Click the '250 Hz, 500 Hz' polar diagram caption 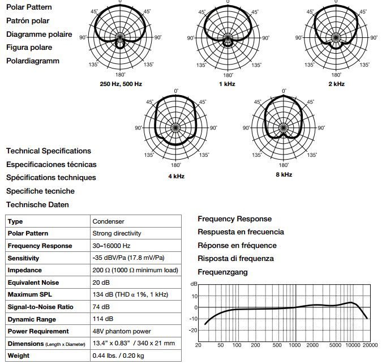(120, 84)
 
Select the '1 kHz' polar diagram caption (227, 84)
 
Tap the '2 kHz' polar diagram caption (336, 84)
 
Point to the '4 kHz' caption (176, 176)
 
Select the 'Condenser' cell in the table (108, 221)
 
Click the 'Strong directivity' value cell (117, 233)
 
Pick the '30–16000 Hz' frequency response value (111, 246)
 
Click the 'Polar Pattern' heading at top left (29, 7)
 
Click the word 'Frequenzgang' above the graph (222, 272)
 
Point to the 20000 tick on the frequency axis (370, 345)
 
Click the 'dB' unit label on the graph (194, 284)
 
